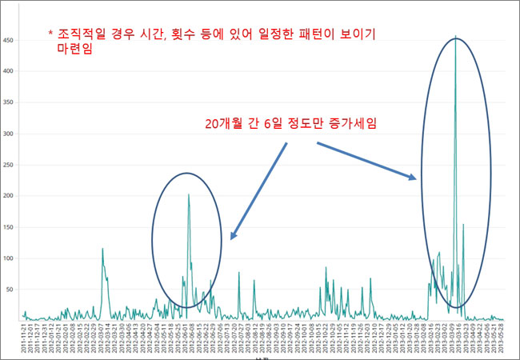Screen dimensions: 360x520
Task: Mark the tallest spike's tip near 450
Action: (455, 37)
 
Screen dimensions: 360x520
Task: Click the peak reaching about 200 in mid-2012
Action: (188, 194)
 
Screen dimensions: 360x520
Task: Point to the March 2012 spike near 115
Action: (102, 249)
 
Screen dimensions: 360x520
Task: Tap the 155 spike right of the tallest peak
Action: (463, 225)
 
